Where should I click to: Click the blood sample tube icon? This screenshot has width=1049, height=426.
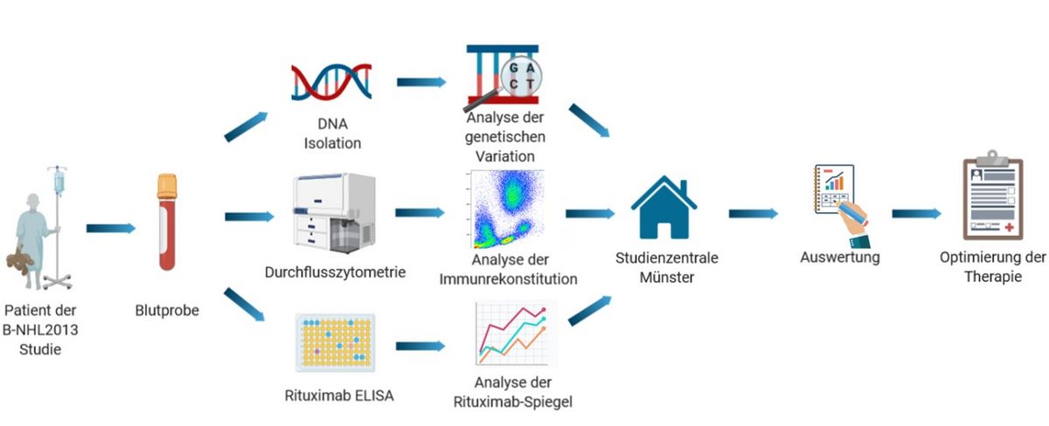[x=166, y=223]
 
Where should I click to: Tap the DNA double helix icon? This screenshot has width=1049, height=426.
[x=331, y=81]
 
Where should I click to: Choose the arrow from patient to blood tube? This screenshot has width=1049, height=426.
[x=111, y=229]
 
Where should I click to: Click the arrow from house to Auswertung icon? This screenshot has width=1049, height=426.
[x=753, y=213]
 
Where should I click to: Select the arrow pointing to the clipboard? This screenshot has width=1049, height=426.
[x=916, y=213]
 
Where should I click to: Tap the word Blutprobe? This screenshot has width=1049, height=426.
[x=167, y=310]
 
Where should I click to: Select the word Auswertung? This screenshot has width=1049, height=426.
[x=840, y=258]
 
